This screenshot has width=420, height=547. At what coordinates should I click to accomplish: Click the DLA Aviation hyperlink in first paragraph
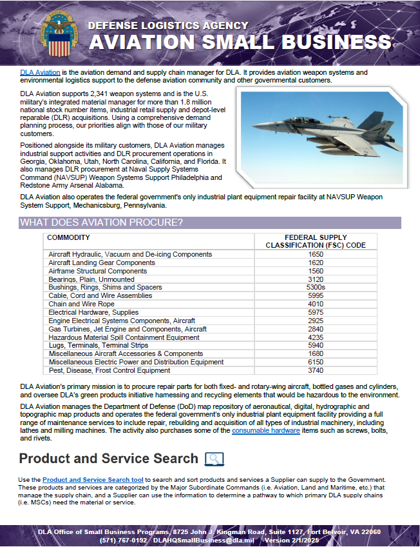40,72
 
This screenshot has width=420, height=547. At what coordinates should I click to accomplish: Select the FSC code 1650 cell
316,255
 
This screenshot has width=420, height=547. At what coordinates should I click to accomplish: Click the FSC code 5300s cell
316,288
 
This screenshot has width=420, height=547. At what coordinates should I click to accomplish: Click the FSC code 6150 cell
316,363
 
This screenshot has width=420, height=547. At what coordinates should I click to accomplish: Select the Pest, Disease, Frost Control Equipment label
109,371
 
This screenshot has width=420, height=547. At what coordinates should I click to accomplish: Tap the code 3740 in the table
316,371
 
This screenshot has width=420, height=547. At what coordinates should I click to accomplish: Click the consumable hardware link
265,430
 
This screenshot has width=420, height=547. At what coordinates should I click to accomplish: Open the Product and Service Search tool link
93,480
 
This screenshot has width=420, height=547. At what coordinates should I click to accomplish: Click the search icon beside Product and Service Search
214,459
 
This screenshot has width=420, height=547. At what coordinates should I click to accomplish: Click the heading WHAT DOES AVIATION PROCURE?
102,223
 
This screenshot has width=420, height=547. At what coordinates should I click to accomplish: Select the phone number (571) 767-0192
122,540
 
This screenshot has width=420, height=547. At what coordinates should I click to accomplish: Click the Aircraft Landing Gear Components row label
102,263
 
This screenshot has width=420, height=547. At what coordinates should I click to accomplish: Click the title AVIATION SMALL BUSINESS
240,42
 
